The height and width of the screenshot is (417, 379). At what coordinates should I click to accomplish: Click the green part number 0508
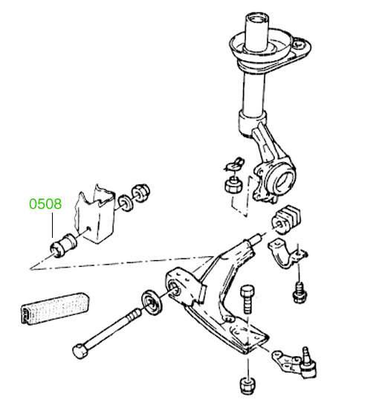coord(45,204)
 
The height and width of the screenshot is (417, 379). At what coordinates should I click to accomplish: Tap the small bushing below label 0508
coord(63,245)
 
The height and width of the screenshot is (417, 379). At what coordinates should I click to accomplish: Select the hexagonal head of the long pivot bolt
coord(80,351)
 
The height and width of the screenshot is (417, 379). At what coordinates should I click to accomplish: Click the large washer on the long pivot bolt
coord(151,304)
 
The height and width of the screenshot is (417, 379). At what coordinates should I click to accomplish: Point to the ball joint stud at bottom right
coord(308,362)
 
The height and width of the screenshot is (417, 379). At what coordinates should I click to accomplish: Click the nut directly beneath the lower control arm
coord(248,385)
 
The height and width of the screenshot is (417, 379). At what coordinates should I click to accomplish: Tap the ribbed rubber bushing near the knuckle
coord(287,220)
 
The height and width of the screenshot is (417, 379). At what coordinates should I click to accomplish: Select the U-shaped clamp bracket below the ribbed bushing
coord(286,254)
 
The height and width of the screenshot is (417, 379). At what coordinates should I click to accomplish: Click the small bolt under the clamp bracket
coord(299,293)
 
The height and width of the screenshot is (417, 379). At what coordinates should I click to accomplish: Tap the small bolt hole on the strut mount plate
coord(299,44)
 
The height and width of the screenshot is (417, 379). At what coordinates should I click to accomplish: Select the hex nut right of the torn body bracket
coord(141,193)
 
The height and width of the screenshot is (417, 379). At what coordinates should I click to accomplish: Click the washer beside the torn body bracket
coord(126,203)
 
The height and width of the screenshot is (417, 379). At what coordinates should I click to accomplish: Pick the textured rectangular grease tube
coord(55,308)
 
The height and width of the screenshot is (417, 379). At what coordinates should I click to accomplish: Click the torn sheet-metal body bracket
coord(96,214)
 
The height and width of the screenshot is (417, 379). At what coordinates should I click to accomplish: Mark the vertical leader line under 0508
coord(53,225)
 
